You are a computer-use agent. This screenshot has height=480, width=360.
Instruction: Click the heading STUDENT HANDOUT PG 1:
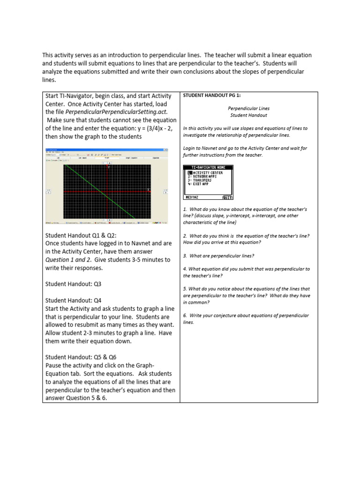(211, 96)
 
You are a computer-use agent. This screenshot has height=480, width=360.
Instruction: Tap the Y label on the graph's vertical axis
(108, 167)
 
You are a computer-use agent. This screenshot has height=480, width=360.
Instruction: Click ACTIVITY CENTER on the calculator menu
(207, 173)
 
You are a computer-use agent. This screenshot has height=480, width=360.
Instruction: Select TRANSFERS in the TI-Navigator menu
(203, 180)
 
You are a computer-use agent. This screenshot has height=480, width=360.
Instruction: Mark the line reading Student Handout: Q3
(73, 284)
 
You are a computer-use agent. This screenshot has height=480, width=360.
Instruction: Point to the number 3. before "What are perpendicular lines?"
(185, 255)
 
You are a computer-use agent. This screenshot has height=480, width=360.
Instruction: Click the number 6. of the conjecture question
(185, 315)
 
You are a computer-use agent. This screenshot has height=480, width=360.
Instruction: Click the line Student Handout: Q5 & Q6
(81, 357)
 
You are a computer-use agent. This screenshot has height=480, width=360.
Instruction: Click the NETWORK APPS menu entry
(205, 176)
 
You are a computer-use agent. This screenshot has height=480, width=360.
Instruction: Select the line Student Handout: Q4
(73, 300)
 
